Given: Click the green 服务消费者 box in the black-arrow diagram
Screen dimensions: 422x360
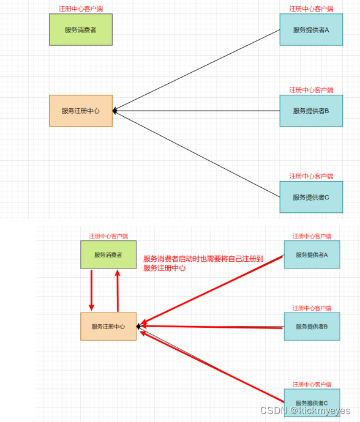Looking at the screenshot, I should pos(81,29).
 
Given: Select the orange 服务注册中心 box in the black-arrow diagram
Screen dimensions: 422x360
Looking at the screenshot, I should pos(81,111).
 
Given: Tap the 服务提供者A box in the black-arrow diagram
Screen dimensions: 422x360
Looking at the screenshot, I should pos(310,29).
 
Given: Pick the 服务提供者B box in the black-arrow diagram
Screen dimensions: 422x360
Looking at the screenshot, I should pos(310,111).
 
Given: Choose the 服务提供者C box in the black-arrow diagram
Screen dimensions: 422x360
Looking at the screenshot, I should pos(310,197).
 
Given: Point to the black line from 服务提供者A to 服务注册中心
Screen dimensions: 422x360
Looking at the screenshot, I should pos(196,70).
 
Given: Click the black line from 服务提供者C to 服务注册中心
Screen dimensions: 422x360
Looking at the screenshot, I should pos(196,154).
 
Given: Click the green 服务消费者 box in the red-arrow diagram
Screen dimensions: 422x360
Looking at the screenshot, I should pos(108,254).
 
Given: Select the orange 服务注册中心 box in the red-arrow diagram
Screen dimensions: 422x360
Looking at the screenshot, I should pos(108,327).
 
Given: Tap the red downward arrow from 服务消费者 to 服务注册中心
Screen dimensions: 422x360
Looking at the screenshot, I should pos(91,291).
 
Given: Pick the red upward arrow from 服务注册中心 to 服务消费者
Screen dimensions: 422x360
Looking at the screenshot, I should pos(118,291).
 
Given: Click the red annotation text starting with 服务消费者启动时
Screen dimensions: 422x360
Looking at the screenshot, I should pos(202,263).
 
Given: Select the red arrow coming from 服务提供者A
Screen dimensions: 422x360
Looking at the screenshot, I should pos(211,291).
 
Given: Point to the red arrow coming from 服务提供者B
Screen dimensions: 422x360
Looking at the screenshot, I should pos(211,327).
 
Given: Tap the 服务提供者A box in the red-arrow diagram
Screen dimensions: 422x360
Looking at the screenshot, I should pos(312,254).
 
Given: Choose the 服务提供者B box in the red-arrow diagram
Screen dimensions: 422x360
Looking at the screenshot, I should pos(312,327).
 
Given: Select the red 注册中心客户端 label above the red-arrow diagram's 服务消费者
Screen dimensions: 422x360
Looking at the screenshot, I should pos(108,236).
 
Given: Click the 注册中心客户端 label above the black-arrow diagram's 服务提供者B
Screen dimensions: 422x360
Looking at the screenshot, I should pos(310,90).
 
